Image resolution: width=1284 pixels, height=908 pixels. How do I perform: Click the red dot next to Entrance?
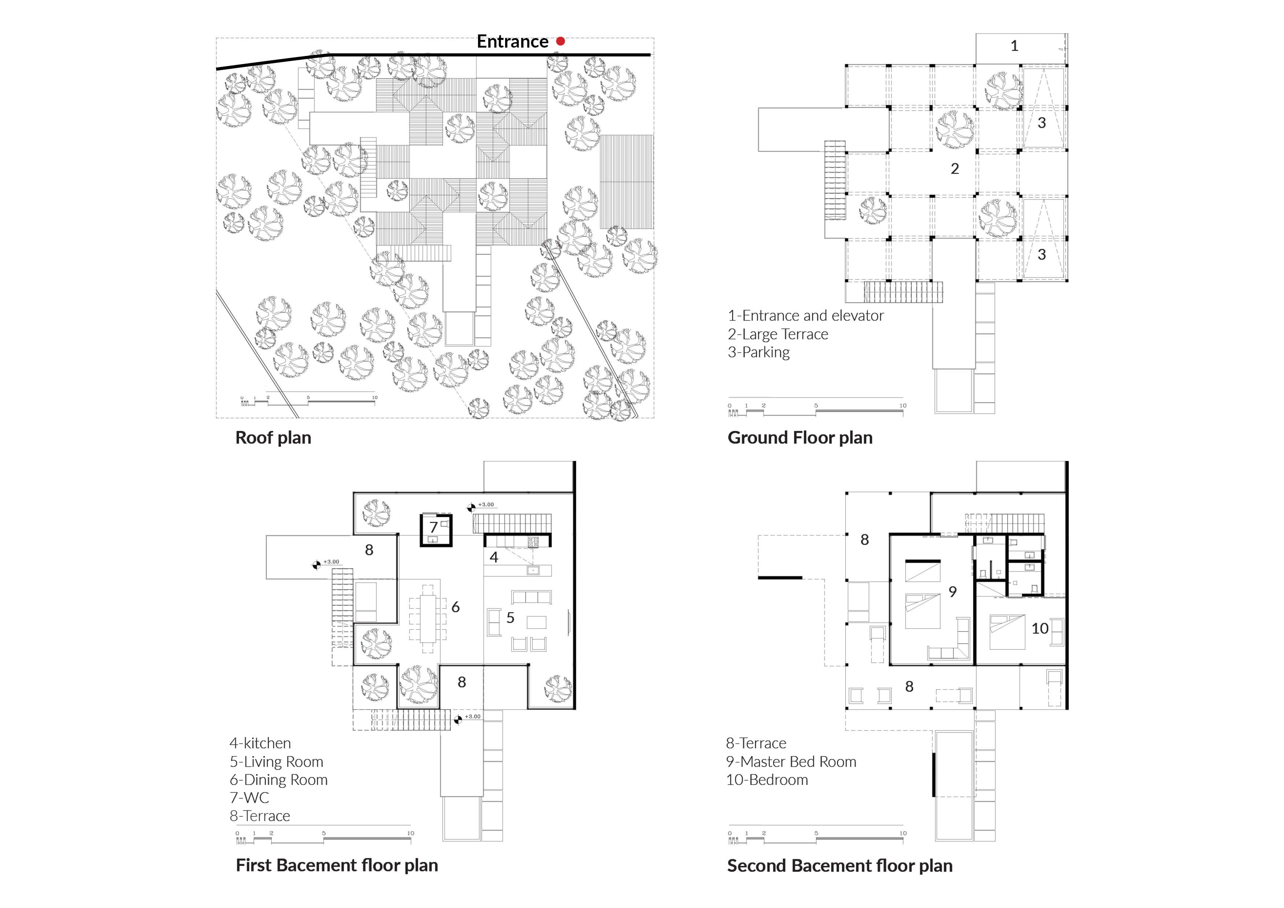coord(560,41)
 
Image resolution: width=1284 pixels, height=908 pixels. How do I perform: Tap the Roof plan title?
coord(273,438)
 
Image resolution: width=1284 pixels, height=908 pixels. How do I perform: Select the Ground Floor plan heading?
coord(800,438)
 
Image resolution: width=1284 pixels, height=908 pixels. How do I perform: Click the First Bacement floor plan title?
coord(337,865)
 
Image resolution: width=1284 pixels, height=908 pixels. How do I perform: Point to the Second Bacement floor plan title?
coord(839,866)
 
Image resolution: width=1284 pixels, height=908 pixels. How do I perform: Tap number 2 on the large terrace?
coord(955,168)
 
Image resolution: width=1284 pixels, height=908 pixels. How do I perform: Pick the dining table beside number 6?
coord(428,618)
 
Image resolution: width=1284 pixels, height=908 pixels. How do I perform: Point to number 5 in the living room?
coord(510,618)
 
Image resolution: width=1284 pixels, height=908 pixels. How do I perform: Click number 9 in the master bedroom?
coord(952,591)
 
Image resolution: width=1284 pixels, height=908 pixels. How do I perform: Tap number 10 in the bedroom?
coord(1039,628)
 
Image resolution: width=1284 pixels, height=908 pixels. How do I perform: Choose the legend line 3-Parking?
coord(759,353)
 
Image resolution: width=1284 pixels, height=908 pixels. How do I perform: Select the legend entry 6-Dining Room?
coord(279,779)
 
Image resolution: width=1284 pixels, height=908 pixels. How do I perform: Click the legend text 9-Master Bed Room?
coord(791,762)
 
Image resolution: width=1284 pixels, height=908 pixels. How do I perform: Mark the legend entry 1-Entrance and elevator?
coord(805,316)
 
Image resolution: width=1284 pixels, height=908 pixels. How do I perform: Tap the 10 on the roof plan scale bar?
coord(375,398)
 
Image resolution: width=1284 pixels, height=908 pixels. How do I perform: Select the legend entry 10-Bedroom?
coord(767,779)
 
